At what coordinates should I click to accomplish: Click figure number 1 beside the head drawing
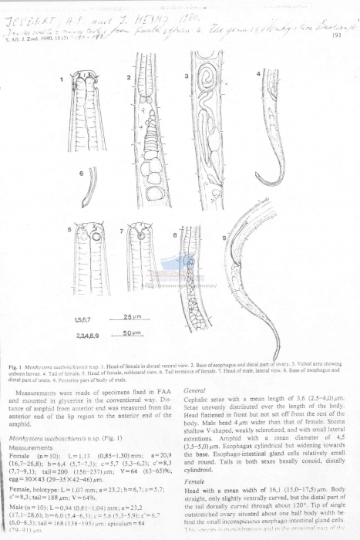(62, 79)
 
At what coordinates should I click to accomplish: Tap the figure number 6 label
(81, 175)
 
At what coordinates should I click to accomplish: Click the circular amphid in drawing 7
(140, 229)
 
